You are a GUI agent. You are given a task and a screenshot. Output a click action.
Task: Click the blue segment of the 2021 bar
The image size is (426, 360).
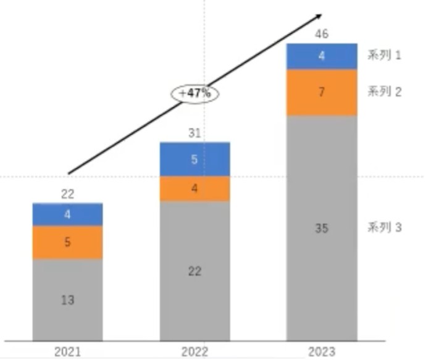click(x=68, y=214)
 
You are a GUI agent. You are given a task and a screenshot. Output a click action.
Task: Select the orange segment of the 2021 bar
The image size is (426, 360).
click(x=68, y=242)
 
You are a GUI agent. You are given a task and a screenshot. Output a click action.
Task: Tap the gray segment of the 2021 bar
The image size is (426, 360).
click(x=68, y=299)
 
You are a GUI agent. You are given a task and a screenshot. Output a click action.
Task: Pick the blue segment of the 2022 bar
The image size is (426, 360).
click(x=194, y=159)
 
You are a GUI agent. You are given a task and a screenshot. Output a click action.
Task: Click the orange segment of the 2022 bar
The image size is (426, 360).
click(x=194, y=188)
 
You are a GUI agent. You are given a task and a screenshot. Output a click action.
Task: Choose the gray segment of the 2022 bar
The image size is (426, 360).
click(x=194, y=270)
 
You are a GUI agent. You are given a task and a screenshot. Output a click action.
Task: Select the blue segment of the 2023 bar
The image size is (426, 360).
click(x=322, y=56)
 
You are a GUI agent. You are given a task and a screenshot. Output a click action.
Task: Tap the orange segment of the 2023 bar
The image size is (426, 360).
click(x=322, y=92)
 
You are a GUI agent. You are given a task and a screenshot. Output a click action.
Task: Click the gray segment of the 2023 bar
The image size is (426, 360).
click(x=322, y=228)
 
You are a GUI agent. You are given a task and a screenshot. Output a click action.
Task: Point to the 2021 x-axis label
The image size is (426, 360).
click(x=67, y=352)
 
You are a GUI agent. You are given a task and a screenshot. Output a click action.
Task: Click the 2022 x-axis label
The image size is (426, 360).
click(x=194, y=352)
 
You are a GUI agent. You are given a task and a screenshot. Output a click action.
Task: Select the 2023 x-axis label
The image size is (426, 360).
click(x=322, y=352)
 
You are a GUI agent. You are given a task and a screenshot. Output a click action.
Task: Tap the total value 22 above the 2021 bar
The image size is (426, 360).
click(x=68, y=195)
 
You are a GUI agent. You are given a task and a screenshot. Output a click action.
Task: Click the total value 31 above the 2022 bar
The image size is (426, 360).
click(x=194, y=133)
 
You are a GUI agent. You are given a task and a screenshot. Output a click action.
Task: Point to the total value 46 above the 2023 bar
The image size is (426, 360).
click(x=322, y=34)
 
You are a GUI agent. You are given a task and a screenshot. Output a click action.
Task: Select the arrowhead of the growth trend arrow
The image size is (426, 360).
click(x=319, y=16)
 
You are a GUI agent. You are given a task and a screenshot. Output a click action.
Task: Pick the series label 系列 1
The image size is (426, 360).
click(x=385, y=56)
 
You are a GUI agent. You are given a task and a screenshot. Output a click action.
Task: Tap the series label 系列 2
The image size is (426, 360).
click(x=385, y=92)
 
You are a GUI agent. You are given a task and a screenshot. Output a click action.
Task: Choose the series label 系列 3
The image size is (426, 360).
click(x=385, y=228)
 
